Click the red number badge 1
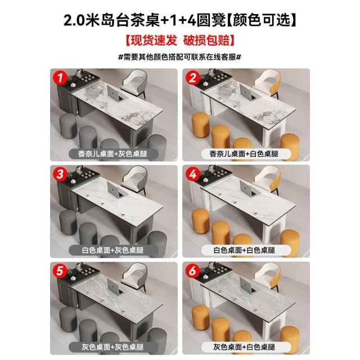60,78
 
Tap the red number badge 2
192,78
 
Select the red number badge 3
60,174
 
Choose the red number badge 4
192,174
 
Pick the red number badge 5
60,271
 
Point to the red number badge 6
192,271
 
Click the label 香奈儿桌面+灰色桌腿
112,154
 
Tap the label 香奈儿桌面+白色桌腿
244,154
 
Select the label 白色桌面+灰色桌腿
112,250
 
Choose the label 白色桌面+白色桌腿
244,250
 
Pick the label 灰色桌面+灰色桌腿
112,347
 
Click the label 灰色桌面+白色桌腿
244,347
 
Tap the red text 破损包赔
206,40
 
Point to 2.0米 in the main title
82,20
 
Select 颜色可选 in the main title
261,20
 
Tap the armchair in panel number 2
268,83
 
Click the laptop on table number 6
247,286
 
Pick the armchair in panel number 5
135,276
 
